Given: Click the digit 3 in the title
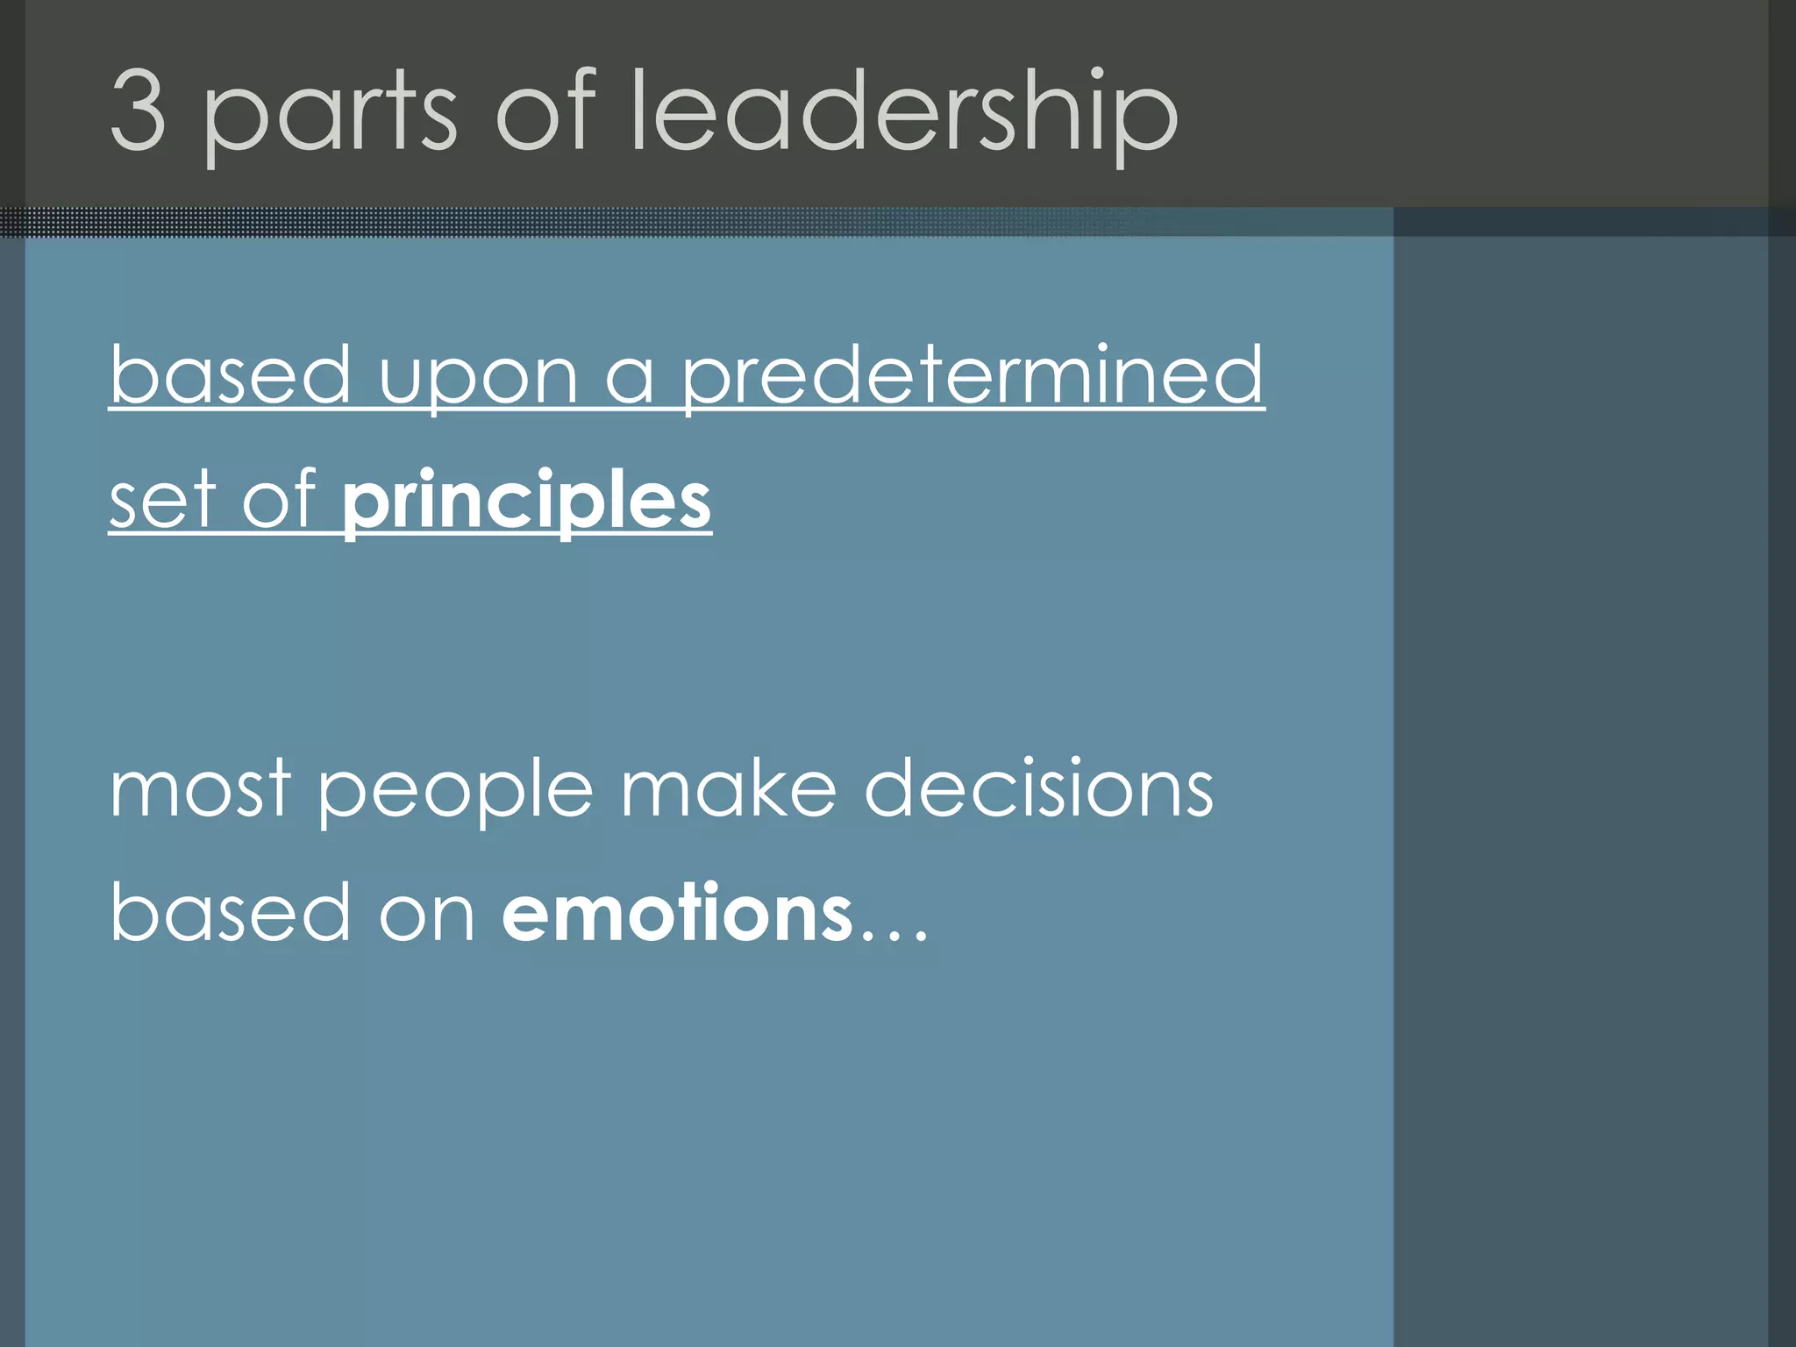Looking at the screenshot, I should tap(139, 110).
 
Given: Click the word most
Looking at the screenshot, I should tap(201, 790).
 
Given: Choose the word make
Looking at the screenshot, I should tap(729, 788).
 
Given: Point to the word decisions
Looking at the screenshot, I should tap(1039, 788).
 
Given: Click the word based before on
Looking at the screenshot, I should tap(231, 913).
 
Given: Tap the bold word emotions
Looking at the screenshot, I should tap(677, 913).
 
